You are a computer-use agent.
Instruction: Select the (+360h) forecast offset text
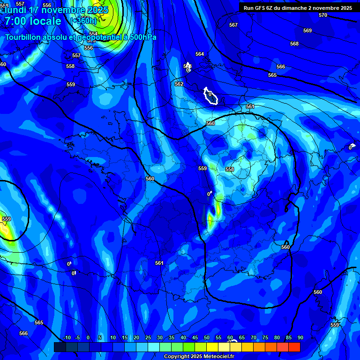pos(83,21)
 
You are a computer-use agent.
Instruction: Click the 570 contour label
pos(323,15)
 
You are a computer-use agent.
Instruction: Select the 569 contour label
pos(307,30)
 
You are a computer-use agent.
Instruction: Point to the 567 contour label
pos(233,25)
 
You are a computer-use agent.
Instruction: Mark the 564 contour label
pos(200,54)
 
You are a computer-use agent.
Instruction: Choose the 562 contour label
pos(179,84)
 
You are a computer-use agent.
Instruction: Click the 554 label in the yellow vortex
pos(93,34)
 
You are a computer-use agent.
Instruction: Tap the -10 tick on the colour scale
pos(67,337)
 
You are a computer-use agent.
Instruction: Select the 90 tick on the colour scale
pos(300,337)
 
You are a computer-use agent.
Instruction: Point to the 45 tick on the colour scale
pos(195,337)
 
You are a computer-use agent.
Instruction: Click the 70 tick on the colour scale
pos(254,337)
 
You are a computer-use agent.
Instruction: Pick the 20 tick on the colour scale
pos(136,337)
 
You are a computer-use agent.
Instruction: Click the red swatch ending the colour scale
pos(294,347)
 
